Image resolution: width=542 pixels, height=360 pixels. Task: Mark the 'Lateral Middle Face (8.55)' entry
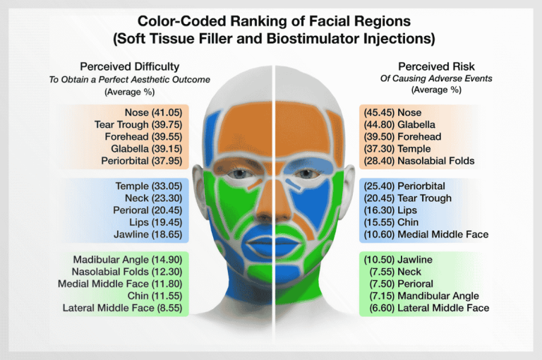click(126, 308)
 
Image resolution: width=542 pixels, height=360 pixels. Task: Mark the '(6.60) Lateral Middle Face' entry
click(424, 308)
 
